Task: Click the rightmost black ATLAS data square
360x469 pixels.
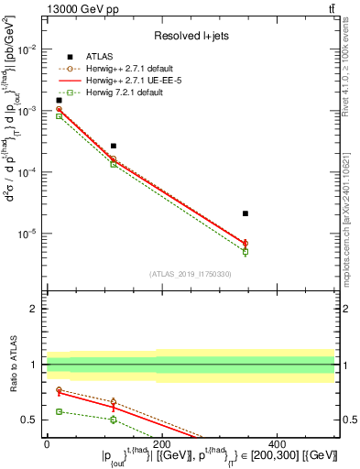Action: pyautogui.click(x=245, y=213)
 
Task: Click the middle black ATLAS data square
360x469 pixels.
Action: pyautogui.click(x=114, y=146)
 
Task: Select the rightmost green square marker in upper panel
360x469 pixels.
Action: pyautogui.click(x=245, y=251)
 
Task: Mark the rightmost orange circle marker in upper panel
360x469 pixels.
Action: pyautogui.click(x=245, y=243)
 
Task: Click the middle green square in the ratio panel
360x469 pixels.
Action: pyautogui.click(x=114, y=420)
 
